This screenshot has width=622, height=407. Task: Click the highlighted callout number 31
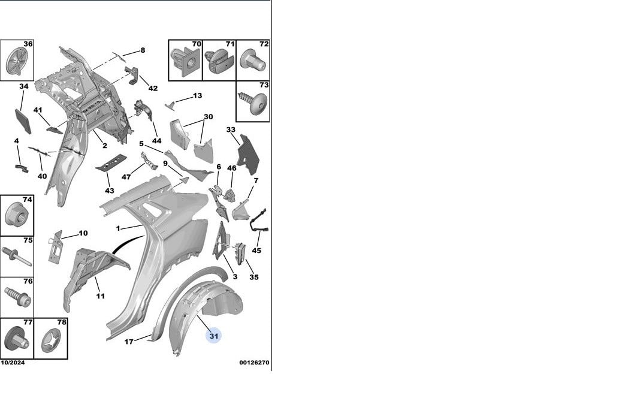[x=214, y=336]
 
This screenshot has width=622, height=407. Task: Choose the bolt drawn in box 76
[x=18, y=297]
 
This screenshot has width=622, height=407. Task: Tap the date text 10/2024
[x=13, y=363]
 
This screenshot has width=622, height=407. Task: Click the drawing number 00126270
[x=254, y=363]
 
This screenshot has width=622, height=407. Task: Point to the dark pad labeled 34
[x=23, y=120]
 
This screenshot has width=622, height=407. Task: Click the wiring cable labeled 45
[x=258, y=221]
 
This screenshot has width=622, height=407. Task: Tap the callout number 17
[x=129, y=342]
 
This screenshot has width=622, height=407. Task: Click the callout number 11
[x=100, y=296]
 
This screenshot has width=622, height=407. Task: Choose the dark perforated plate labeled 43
[x=111, y=162]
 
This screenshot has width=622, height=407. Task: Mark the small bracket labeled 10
[x=56, y=246]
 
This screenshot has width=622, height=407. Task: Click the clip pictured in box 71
[x=219, y=62]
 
